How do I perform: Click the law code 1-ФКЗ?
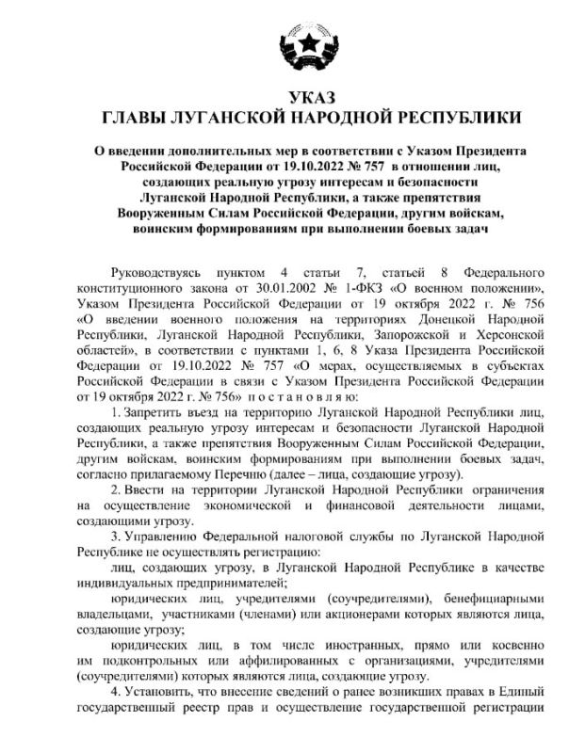click(345, 288)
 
